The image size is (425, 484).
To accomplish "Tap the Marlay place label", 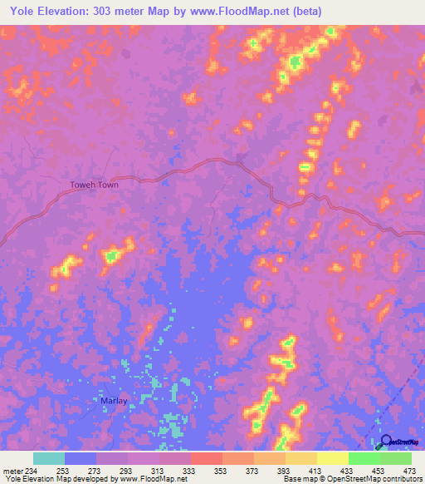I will [113, 400].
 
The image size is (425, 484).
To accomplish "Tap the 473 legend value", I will [408, 469].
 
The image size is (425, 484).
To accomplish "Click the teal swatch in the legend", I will [49, 458].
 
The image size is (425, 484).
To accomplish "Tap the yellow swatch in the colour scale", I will [333, 458].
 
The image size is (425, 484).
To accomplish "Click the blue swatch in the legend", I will [81, 458].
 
